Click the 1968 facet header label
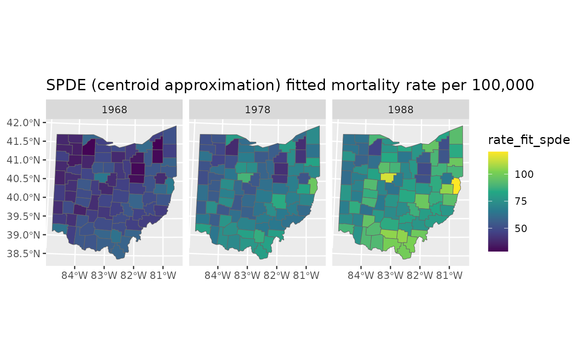pos(114,110)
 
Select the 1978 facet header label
pos(257,110)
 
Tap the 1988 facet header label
pos(400,110)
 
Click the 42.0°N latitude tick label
pos(23,123)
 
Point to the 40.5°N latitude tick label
pos(23,179)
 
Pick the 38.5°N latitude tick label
pos(23,254)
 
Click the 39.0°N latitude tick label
pos(23,235)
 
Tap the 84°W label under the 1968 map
pos(75,275)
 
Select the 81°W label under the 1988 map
pos(449,275)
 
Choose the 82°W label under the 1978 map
pos(277,275)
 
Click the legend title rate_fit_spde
pos(529,140)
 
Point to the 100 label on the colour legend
pos(524,174)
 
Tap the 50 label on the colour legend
pos(521,228)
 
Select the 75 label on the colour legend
pos(521,201)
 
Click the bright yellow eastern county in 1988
pos(456,186)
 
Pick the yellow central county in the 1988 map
pos(388,177)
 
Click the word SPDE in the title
pos(66,85)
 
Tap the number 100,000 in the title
pos(503,85)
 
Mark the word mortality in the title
pos(365,86)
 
